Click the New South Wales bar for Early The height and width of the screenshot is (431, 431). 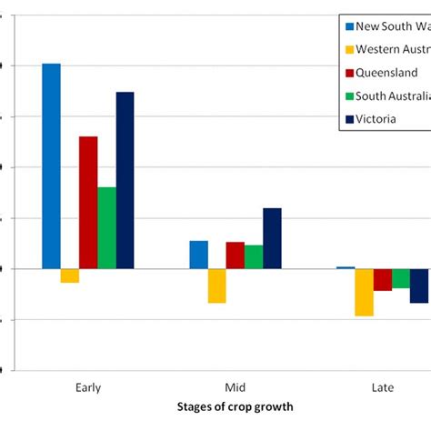click(x=52, y=166)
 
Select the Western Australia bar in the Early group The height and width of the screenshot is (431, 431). click(x=70, y=276)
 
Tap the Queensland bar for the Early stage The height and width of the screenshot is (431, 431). click(x=88, y=203)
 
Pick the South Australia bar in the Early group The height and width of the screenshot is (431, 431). click(x=106, y=228)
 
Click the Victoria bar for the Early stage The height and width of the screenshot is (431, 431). click(x=125, y=180)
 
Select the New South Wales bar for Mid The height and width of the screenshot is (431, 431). click(x=198, y=255)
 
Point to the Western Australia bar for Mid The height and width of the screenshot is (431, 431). click(x=216, y=286)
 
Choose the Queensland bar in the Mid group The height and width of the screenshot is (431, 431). click(x=235, y=256)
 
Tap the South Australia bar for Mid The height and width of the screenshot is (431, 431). click(x=254, y=257)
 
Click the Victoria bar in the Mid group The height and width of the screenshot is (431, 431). click(x=272, y=238)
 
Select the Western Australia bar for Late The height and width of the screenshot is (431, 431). click(x=364, y=292)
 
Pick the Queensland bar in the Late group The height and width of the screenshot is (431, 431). click(x=382, y=279)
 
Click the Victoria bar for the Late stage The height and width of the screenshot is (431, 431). click(x=419, y=286)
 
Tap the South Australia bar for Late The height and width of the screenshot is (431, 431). click(x=401, y=278)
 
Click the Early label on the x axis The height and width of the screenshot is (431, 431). click(x=88, y=387)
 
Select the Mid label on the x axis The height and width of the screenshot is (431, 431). click(x=235, y=387)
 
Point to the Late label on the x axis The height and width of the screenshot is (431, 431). click(x=383, y=387)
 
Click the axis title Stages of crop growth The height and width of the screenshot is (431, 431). click(x=235, y=406)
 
